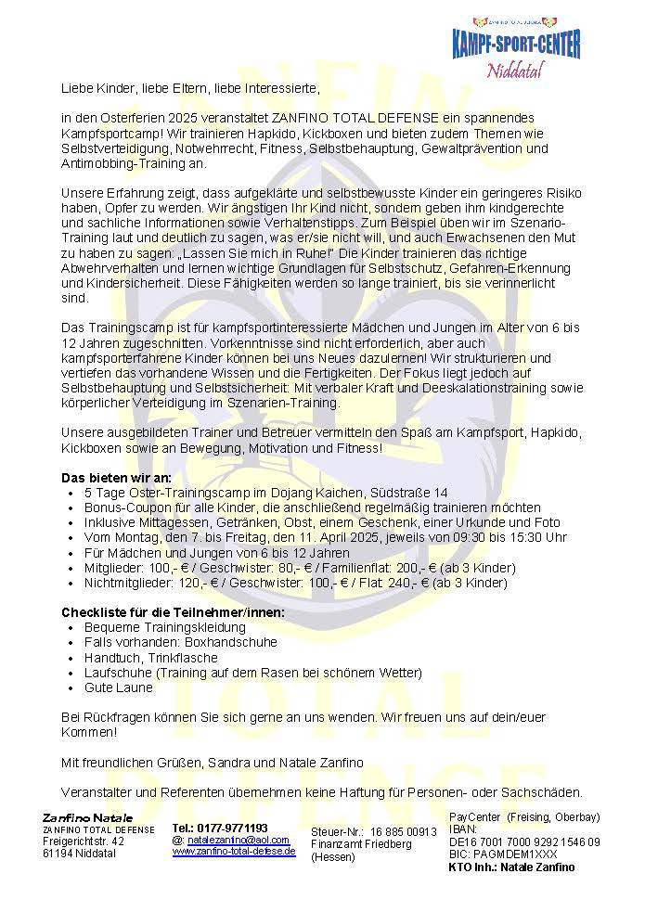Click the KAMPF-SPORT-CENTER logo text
point(516,43)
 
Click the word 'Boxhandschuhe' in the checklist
point(207,643)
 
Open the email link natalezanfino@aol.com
point(238,839)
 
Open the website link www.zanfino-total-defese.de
point(234,851)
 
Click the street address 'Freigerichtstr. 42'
point(84,841)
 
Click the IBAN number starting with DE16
point(523,841)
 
